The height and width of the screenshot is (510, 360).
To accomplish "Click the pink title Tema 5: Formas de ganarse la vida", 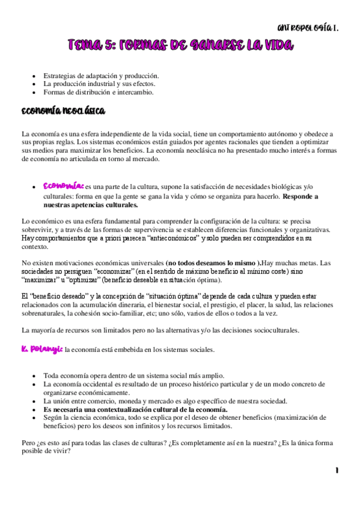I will [180, 45].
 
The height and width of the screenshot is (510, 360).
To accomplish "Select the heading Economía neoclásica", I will [63, 111].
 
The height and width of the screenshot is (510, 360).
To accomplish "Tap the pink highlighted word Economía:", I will [63, 186].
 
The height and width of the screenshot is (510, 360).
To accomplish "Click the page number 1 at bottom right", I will [337, 470].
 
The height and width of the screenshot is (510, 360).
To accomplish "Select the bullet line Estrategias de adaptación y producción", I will [101, 76].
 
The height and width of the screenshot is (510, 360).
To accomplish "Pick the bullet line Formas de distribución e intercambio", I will [99, 93].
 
